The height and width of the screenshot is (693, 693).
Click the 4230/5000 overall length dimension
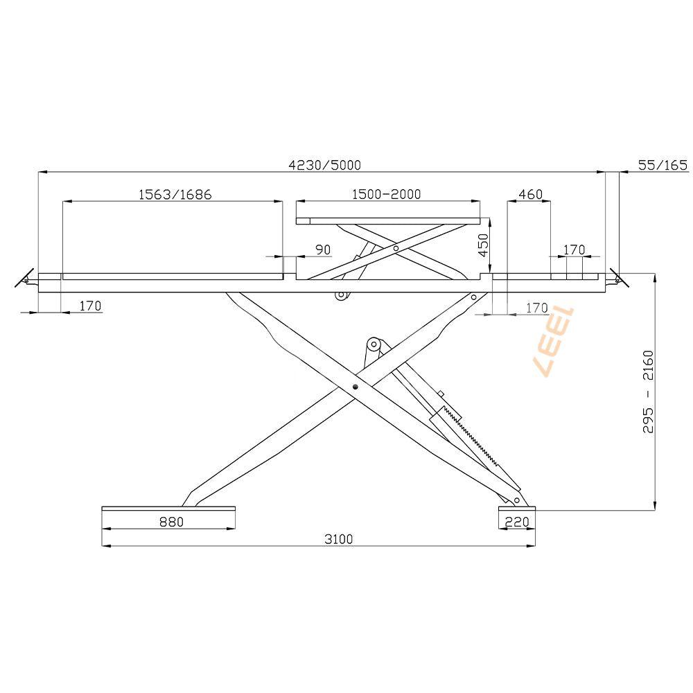tap(325, 166)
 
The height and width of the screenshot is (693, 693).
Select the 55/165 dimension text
tap(663, 166)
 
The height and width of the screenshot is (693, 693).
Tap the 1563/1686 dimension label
tap(175, 195)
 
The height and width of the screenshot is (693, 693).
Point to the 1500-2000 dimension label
tap(386, 194)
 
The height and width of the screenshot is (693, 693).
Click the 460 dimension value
tap(530, 194)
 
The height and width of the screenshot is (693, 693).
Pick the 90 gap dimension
tap(323, 249)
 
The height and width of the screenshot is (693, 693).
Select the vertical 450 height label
tap(484, 245)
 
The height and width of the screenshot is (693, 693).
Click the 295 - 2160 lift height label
tap(649, 392)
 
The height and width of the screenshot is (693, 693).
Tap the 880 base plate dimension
tap(171, 522)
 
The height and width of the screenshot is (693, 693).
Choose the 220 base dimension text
tap(517, 522)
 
